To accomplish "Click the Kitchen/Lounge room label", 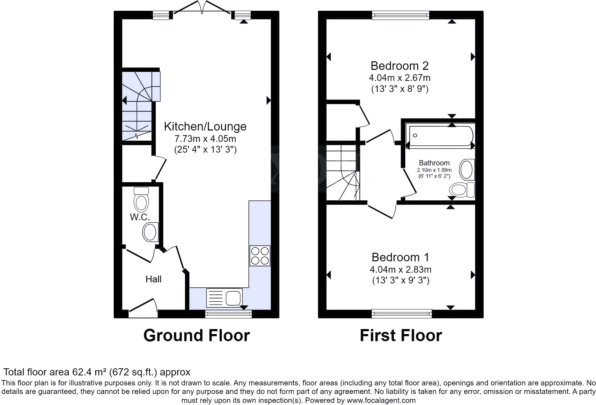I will pyautogui.click(x=205, y=127).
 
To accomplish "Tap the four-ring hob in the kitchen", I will pyautogui.click(x=260, y=256).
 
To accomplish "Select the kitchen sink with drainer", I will pyautogui.click(x=224, y=298).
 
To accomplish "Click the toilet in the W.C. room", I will pyautogui.click(x=141, y=200).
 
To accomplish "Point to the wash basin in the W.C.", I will pyautogui.click(x=150, y=232).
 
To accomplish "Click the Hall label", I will pyautogui.click(x=153, y=279).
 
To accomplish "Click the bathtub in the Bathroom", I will pyautogui.click(x=441, y=135).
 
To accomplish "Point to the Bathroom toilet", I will pyautogui.click(x=462, y=190).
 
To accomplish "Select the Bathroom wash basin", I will pyautogui.click(x=467, y=170).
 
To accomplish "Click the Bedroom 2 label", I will pyautogui.click(x=399, y=66).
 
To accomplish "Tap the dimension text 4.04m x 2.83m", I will pyautogui.click(x=400, y=270).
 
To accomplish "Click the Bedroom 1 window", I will pyautogui.click(x=401, y=313).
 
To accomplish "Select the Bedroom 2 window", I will pyautogui.click(x=400, y=15).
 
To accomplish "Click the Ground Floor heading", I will pyautogui.click(x=196, y=335).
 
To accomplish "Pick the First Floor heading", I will pyautogui.click(x=401, y=335).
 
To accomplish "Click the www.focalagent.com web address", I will pyautogui.click(x=381, y=400).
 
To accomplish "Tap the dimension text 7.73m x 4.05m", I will pyautogui.click(x=205, y=139).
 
